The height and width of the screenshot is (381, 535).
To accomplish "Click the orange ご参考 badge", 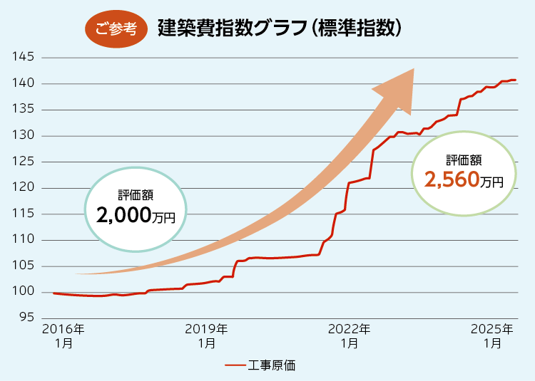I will [x=116, y=28].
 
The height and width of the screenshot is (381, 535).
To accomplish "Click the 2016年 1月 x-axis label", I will [x=63, y=335].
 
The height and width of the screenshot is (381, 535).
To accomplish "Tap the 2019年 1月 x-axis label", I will [x=206, y=335].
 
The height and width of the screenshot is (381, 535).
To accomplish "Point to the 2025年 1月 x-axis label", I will [x=491, y=335].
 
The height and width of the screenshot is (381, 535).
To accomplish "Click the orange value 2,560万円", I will [x=464, y=179].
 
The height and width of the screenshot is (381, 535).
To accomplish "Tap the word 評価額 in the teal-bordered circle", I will [x=136, y=194].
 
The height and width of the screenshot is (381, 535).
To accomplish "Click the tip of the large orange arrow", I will [x=414, y=70].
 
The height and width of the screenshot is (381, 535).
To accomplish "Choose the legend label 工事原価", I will [x=272, y=365].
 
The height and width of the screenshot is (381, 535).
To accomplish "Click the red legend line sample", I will [x=235, y=365].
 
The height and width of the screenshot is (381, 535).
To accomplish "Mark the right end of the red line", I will [x=516, y=80].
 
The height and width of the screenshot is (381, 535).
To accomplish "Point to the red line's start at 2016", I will [x=53, y=293].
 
